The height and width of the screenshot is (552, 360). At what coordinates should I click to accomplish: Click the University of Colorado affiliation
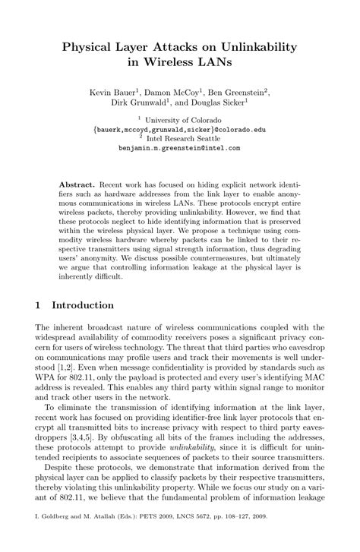pyautogui.click(x=186, y=121)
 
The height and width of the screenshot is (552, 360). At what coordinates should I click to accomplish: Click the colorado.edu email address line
pyautogui.click(x=180, y=130)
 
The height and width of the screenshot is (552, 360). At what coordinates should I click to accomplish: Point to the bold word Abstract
pyautogui.click(x=76, y=185)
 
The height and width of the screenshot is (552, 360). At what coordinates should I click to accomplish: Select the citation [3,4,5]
pyautogui.click(x=77, y=440)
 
